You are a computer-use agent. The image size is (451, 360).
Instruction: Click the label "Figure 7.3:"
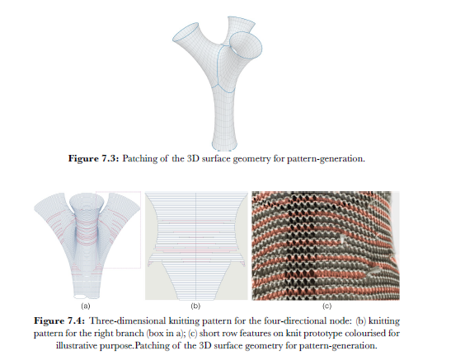point(93,158)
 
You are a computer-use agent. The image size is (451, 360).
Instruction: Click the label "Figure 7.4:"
point(59,320)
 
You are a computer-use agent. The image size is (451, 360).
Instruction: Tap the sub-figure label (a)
point(86,306)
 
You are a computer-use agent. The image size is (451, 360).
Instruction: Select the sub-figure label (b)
point(195,306)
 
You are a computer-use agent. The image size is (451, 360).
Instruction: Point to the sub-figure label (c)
point(327,306)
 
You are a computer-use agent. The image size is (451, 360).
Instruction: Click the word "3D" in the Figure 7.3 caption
point(193,158)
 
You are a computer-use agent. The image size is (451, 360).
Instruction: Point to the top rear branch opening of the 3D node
point(242,19)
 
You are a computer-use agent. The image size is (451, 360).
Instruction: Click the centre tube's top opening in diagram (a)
point(87,194)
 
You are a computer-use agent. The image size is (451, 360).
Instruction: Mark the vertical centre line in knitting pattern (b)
point(196,245)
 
